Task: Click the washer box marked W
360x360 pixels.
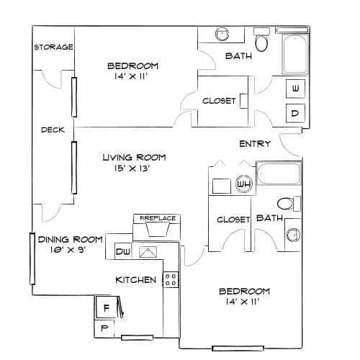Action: point(295,89)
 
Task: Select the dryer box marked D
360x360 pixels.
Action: point(295,113)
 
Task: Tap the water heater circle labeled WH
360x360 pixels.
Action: point(244,184)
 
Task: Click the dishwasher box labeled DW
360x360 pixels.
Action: point(123,251)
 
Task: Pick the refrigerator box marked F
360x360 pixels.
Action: point(107,307)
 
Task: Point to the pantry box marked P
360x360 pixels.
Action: point(104,328)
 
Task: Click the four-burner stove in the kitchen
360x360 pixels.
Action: point(171,279)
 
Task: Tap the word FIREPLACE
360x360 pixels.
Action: point(158,218)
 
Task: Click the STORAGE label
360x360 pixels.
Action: point(53,47)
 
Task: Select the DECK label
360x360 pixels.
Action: point(53,130)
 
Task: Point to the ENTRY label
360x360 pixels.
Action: point(255,144)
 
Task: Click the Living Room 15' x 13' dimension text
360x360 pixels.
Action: point(132,168)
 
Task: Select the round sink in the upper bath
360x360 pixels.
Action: point(222,35)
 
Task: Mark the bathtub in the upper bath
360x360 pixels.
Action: point(295,54)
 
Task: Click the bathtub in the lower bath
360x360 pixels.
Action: point(279,174)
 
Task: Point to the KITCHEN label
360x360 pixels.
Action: point(136,280)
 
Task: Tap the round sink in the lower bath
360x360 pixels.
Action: point(293,235)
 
